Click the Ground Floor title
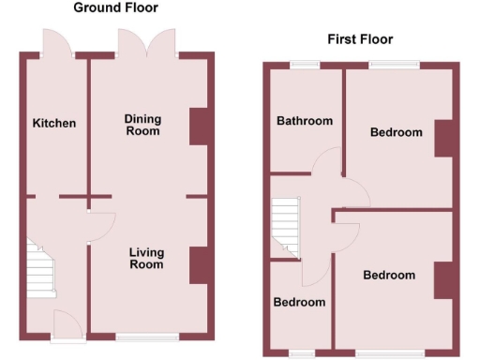115,8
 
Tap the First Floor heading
360,39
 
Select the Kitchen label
54,123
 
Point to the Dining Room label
143,125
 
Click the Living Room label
146,258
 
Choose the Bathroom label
305,121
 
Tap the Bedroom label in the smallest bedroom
299,302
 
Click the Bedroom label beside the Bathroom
396,132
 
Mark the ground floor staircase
38,271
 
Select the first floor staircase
283,229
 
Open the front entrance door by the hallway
67,323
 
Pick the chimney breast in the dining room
199,127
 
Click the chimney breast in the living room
199,264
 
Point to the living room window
147,337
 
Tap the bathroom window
304,65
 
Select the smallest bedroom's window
302,352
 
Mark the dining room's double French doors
146,43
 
